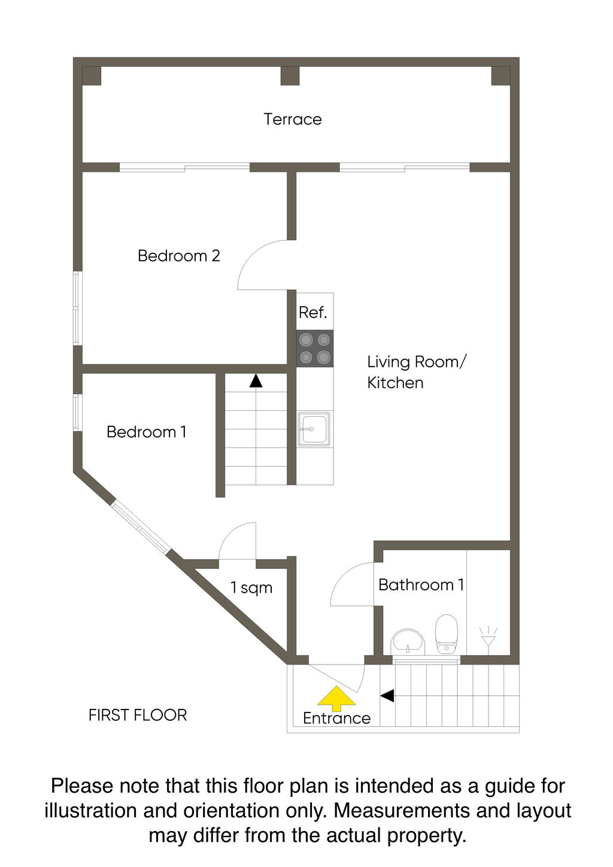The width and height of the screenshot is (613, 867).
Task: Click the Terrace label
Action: pos(293,119)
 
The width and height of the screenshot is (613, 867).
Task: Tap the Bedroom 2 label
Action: pos(179,256)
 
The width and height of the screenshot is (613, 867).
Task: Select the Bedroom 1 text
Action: pos(146,432)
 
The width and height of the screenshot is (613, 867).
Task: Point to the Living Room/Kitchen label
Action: pos(417,372)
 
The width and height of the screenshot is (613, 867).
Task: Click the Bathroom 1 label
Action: pos(421,585)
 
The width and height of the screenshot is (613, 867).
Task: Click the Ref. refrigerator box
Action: pos(315,311)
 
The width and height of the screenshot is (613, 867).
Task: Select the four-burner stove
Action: pos(315,348)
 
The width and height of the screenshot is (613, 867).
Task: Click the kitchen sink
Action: pos(314,429)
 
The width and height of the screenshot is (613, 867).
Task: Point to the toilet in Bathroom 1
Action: pos(447,634)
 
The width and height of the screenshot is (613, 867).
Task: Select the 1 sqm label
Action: pos(251,587)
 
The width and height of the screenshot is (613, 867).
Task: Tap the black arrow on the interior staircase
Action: pos(256,380)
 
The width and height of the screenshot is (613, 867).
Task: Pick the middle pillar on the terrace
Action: pos(290,76)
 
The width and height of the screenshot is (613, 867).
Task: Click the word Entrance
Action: pos(336,719)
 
